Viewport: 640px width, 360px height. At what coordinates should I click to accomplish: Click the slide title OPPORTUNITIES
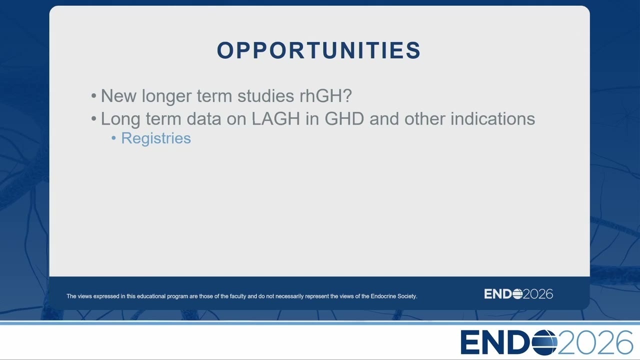pyautogui.click(x=318, y=50)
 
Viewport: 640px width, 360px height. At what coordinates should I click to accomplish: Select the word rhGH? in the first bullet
pyautogui.click(x=325, y=95)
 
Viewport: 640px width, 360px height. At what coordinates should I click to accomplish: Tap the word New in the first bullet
pyautogui.click(x=118, y=95)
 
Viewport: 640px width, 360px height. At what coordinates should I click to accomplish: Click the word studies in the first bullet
pyautogui.click(x=265, y=95)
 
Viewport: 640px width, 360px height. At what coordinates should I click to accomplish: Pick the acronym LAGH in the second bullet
pyautogui.click(x=276, y=118)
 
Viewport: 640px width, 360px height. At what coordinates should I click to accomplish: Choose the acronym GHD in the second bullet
pyautogui.click(x=344, y=118)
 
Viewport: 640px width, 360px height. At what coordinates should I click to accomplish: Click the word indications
pyautogui.click(x=492, y=118)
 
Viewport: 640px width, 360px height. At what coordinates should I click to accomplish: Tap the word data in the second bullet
pyautogui.click(x=204, y=118)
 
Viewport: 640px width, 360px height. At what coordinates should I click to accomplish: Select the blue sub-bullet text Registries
pyautogui.click(x=156, y=138)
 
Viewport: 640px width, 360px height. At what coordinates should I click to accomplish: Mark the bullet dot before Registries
pyautogui.click(x=113, y=138)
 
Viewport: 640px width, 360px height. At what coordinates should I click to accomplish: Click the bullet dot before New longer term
pyautogui.click(x=93, y=96)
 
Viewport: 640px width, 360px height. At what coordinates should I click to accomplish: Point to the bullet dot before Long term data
pyautogui.click(x=93, y=119)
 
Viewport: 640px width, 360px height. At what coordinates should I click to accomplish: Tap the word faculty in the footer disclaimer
pyautogui.click(x=238, y=296)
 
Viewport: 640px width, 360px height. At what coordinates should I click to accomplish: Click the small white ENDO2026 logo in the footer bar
pyautogui.click(x=518, y=294)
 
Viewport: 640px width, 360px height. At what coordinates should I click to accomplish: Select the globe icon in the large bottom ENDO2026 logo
pyautogui.click(x=544, y=342)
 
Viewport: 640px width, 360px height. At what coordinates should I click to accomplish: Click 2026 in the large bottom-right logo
pyautogui.click(x=595, y=342)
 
